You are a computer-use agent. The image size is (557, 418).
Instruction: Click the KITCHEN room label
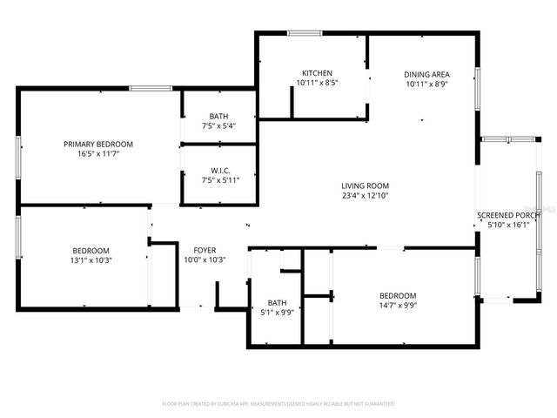pos(317,72)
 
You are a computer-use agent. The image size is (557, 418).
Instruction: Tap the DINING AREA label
pos(426,74)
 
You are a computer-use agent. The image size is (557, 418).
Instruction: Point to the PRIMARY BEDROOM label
pos(97,144)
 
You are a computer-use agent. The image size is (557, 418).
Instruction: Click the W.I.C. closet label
pos(219,171)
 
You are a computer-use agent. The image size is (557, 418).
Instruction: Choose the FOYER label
pos(205,249)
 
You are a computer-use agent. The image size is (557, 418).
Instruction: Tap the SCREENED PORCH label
pos(509,215)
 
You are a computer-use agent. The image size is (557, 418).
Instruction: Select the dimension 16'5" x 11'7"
pos(97,154)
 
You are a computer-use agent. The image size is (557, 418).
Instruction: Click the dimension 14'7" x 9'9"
pos(398,306)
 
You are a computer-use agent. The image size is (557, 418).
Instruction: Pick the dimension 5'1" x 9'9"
pos(277,313)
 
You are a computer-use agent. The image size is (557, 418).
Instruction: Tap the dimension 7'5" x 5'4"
pos(219,126)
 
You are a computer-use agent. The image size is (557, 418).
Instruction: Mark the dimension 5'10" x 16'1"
pos(509,226)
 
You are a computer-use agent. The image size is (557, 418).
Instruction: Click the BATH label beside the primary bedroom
pos(219,116)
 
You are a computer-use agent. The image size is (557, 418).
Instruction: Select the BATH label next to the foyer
pos(277,303)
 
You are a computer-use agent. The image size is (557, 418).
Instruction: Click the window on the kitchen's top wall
pos(305,34)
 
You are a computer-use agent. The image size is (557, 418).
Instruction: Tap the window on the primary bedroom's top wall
pos(144,88)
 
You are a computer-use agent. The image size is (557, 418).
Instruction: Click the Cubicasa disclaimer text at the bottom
pos(278,404)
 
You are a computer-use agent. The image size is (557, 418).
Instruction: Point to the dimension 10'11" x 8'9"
pos(426,84)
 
